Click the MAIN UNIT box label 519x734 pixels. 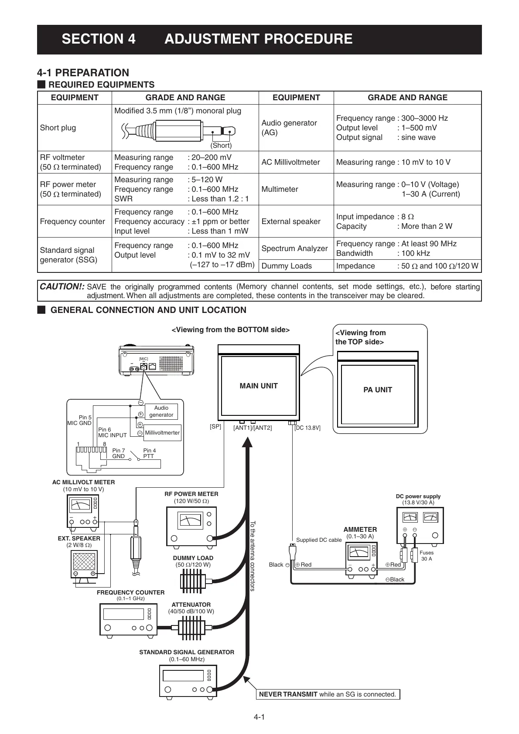click(259, 386)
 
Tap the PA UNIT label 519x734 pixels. click(378, 390)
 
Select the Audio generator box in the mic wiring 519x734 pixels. click(161, 411)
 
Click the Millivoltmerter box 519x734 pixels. click(162, 433)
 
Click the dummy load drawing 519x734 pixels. click(192, 581)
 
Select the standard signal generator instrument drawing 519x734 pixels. click(188, 680)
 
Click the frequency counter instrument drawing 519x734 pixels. click(128, 619)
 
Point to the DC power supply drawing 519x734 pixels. click(419, 525)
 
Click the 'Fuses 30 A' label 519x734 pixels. click(427, 555)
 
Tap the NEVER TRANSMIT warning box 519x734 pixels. click(328, 694)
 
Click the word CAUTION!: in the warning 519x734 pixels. click(62, 286)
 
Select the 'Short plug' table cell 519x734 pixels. click(58, 128)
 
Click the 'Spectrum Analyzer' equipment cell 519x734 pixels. click(294, 248)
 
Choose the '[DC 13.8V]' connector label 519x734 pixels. click(307, 428)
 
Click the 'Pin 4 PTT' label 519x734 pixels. click(150, 453)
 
